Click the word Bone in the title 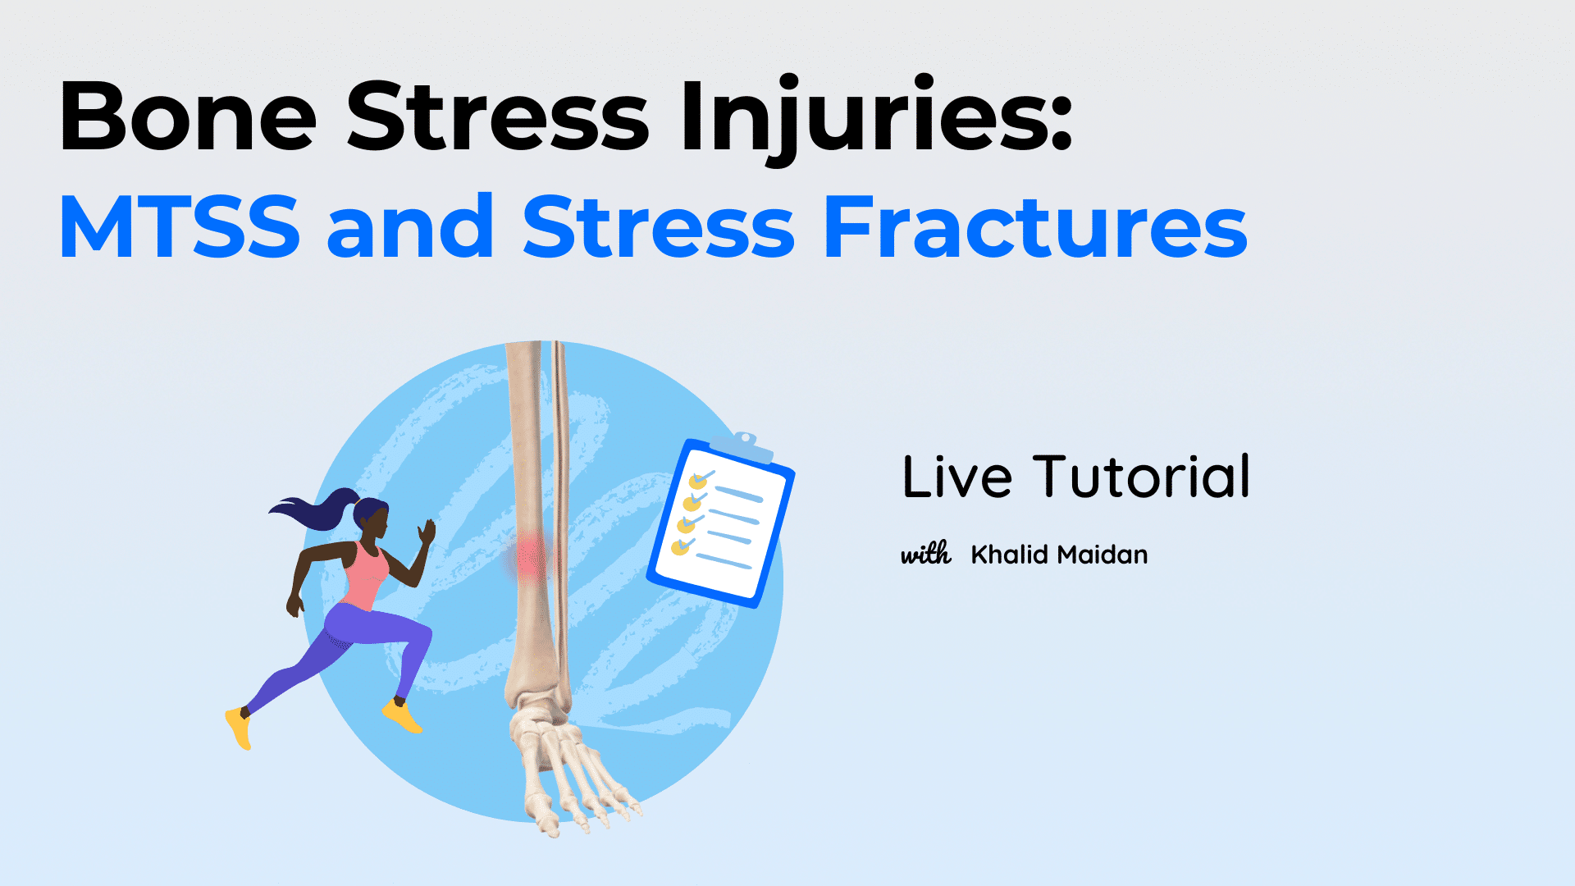click(188, 117)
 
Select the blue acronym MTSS click(180, 227)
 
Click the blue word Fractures click(1035, 227)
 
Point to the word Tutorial click(1141, 477)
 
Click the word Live click(957, 477)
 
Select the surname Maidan click(1103, 555)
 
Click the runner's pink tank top click(366, 574)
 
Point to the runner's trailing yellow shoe click(239, 728)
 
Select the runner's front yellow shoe click(402, 715)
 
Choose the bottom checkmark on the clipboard click(682, 546)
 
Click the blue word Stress click(659, 227)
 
